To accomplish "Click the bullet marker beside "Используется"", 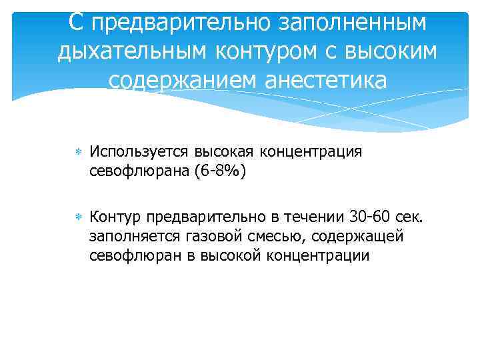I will coord(77,152).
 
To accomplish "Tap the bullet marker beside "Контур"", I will coord(77,219).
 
